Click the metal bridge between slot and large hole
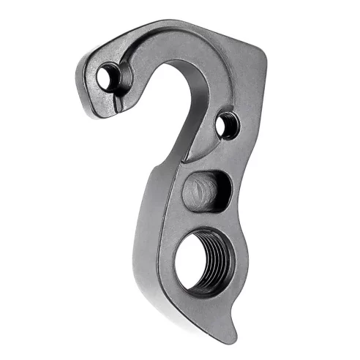pyautogui.click(x=209, y=223)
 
